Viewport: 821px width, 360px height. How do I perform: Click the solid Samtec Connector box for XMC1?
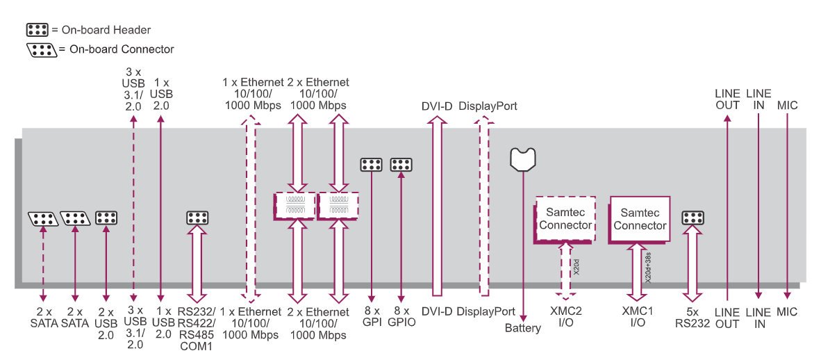pos(640,218)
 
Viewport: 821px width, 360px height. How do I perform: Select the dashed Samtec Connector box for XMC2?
pos(565,218)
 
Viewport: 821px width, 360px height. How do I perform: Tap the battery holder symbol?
pos(522,159)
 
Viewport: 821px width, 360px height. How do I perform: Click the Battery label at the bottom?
pos(522,328)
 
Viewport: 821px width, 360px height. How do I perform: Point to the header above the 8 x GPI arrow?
pos(371,165)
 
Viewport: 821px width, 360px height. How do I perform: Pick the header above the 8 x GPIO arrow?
pos(401,165)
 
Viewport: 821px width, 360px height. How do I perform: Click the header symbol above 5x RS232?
pos(693,218)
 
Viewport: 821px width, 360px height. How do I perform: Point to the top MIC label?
pos(788,106)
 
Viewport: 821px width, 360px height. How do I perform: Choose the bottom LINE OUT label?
pos(727,318)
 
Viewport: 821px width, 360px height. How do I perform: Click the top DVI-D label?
pos(437,106)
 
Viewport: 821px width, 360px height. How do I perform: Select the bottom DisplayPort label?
pos(486,311)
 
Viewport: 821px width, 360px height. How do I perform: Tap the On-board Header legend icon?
pos(37,30)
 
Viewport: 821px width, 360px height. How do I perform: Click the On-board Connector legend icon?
pos(41,49)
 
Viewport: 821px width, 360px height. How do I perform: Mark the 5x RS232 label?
pos(692,317)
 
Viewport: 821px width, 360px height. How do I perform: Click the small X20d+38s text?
pos(648,267)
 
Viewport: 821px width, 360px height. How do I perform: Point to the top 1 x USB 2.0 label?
pos(160,94)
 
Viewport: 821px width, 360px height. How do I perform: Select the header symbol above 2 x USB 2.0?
pos(106,218)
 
